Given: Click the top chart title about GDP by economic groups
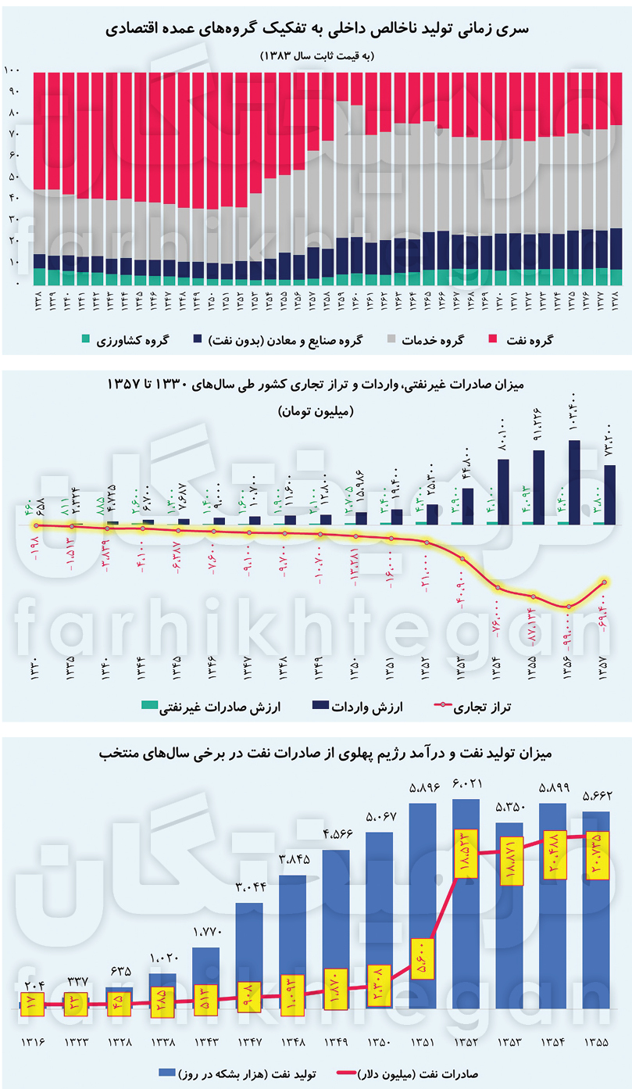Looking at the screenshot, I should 316,29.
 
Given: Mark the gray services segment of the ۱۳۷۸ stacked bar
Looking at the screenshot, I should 615,176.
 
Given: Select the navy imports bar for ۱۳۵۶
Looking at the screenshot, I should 574,481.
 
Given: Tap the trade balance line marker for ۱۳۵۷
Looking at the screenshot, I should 604,582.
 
